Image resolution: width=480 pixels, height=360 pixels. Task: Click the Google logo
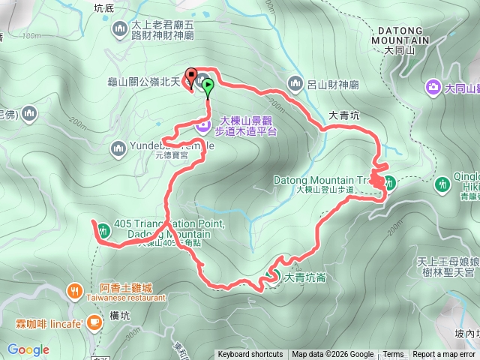click(x=28, y=349)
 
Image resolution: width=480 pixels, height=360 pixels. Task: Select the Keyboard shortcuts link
click(x=250, y=355)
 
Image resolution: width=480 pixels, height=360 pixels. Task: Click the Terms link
click(x=393, y=355)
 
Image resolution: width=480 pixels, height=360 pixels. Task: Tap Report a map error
click(x=445, y=355)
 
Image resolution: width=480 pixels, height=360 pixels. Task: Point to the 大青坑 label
click(x=344, y=115)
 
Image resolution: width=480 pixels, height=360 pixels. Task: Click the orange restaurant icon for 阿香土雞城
click(x=74, y=289)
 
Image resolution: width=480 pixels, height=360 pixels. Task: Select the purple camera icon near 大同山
click(x=433, y=88)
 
